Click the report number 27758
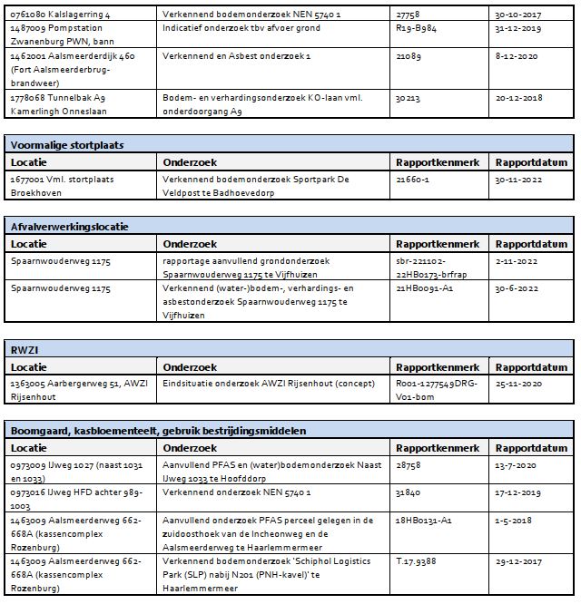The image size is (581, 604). click(410, 15)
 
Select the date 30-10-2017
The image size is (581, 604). click(519, 15)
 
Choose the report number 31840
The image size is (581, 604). click(410, 492)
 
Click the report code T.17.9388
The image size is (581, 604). click(418, 561)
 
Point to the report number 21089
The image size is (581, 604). click(410, 55)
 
